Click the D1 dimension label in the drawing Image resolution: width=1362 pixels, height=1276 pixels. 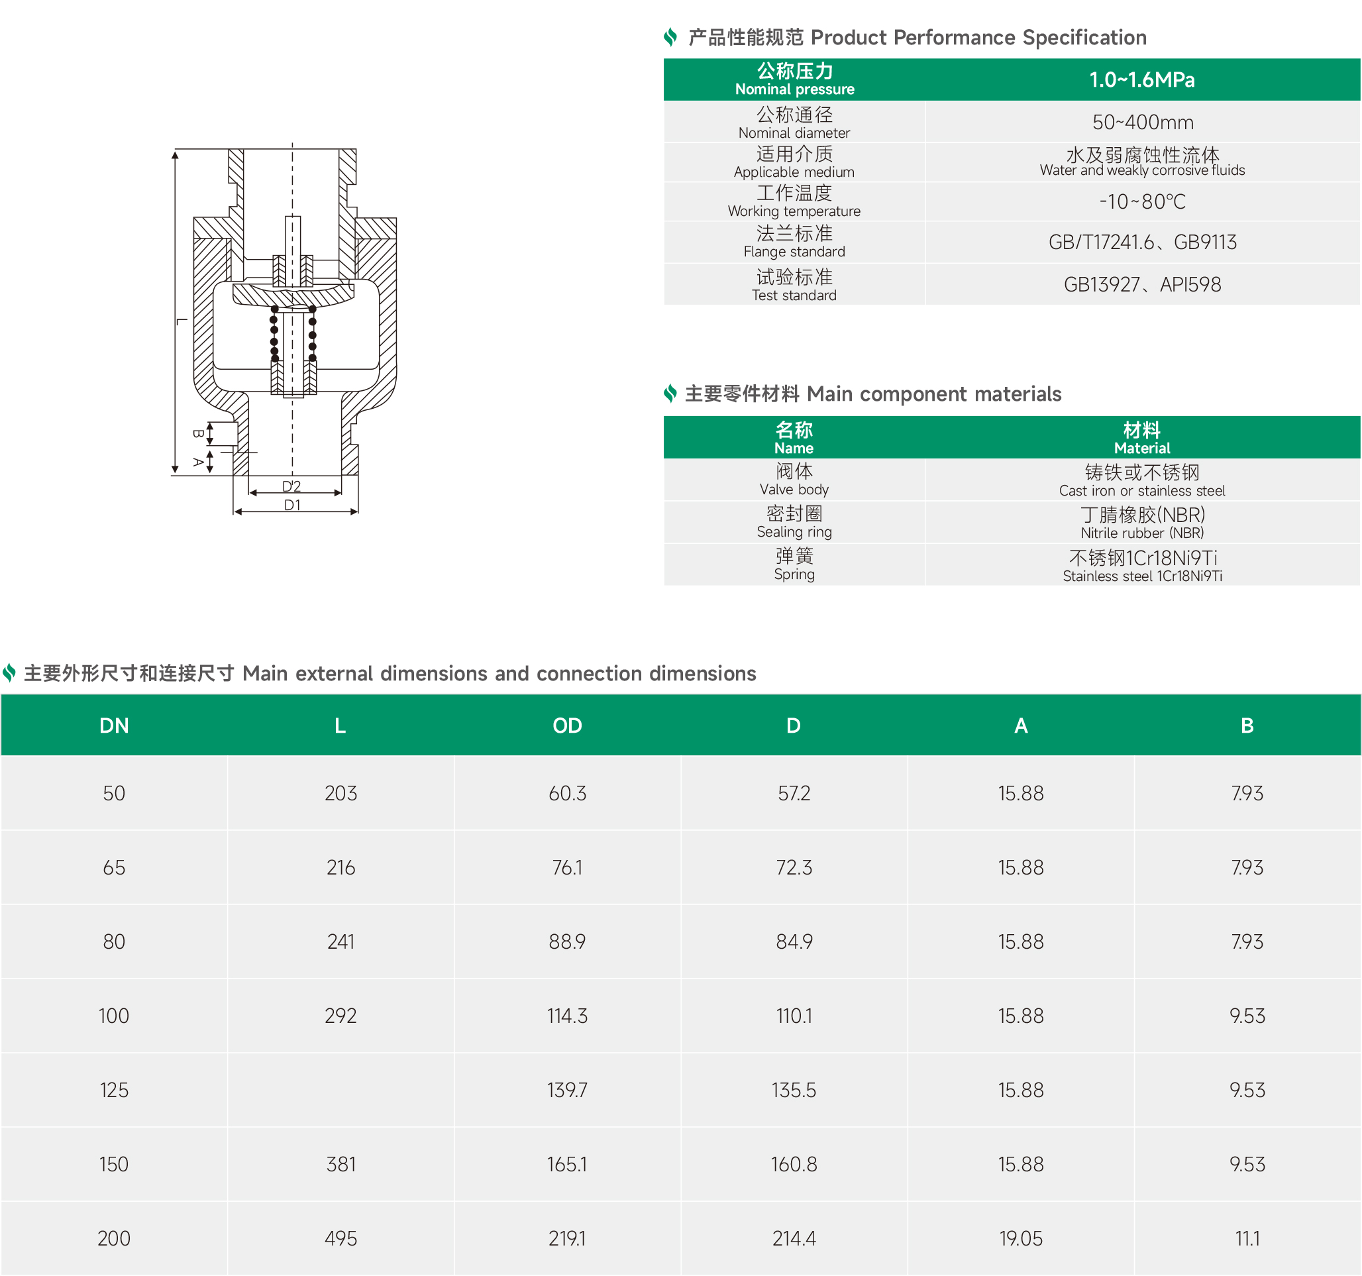click(293, 505)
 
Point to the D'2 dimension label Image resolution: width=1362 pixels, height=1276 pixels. click(292, 486)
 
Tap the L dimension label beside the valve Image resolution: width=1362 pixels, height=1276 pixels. click(182, 321)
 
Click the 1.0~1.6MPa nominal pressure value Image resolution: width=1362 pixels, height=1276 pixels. click(1142, 80)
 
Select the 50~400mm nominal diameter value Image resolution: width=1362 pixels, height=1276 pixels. click(1143, 123)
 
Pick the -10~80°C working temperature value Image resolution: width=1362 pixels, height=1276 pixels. click(1142, 201)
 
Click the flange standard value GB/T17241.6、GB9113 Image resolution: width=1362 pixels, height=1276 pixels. click(1142, 242)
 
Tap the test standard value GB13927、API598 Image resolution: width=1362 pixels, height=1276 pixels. click(1142, 284)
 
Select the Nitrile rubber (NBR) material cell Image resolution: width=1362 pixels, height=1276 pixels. click(1142, 522)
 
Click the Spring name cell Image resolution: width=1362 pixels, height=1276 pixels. click(794, 564)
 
